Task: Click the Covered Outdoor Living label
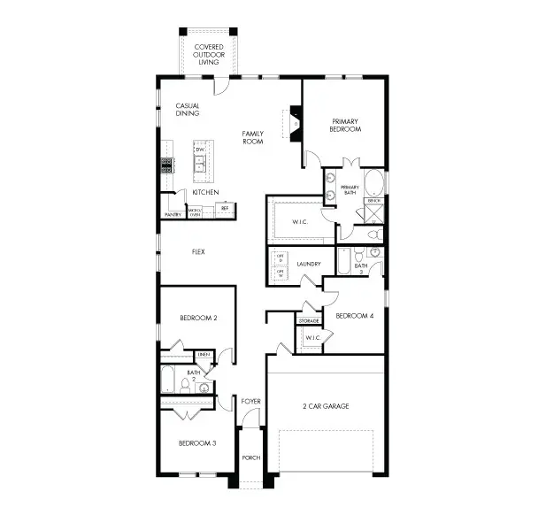210,54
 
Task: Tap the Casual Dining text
187,110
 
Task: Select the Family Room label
253,137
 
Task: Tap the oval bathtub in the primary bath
375,184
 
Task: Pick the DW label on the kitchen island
201,150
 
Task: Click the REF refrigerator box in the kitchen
225,209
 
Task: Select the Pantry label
173,215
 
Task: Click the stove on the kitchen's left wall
165,165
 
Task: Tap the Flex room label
199,251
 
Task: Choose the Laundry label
309,263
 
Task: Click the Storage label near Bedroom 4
309,320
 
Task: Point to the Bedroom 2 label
197,317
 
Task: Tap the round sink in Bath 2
204,387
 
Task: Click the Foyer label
251,401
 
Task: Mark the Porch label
251,458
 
